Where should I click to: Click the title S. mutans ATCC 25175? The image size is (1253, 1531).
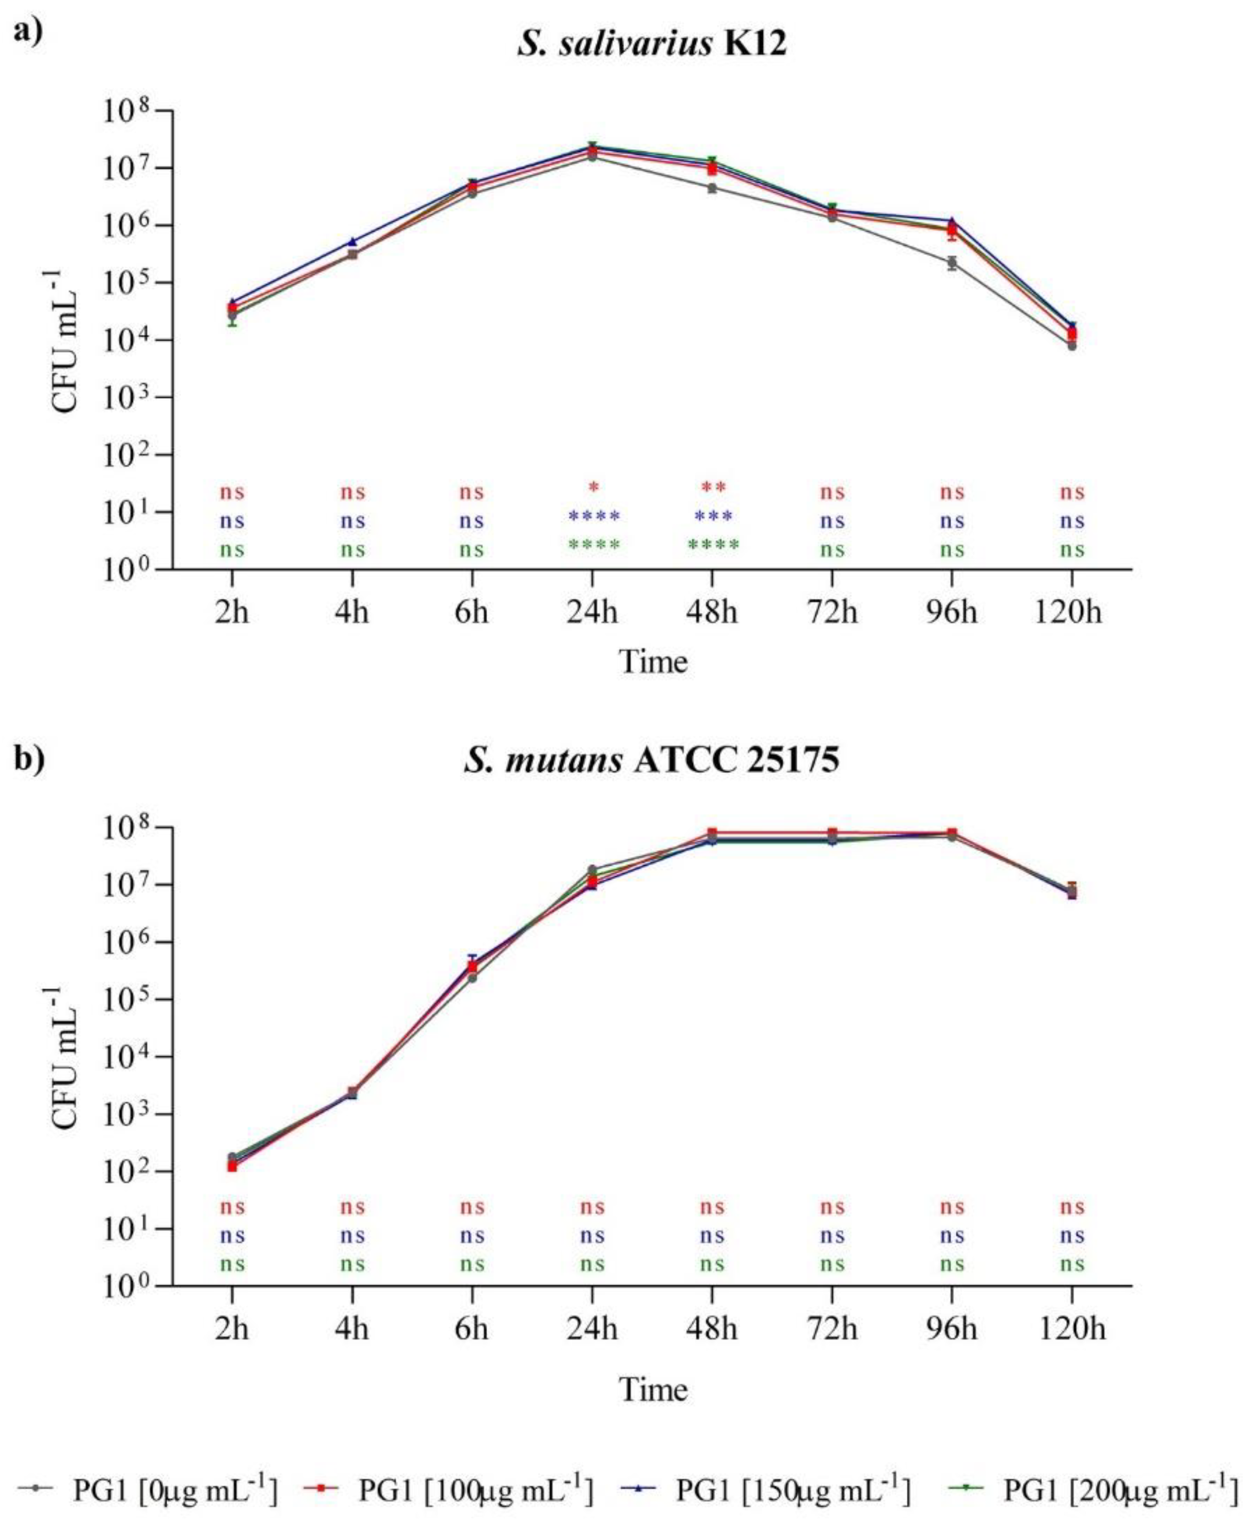click(652, 760)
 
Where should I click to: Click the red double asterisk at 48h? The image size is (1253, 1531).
click(713, 488)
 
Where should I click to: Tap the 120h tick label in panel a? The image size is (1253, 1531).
click(1071, 613)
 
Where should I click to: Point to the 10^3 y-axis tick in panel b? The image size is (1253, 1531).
click(124, 1115)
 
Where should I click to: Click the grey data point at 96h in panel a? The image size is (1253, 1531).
click(952, 263)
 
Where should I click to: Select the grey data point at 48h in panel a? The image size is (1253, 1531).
click(712, 188)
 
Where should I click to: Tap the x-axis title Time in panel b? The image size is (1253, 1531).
click(653, 1388)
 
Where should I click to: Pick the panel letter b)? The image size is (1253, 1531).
click(29, 760)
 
